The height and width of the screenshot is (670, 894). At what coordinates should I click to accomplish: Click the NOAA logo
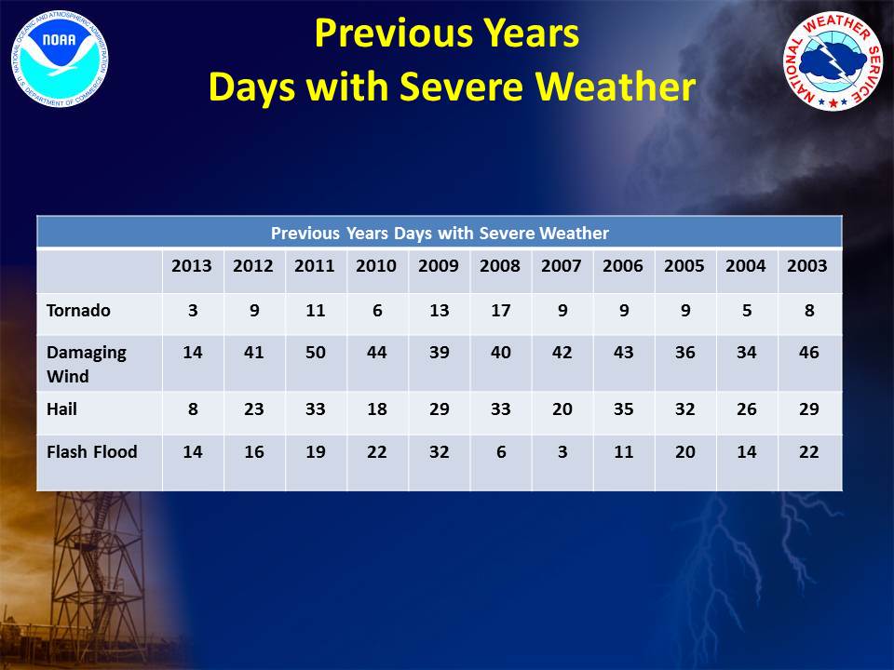pos(60,60)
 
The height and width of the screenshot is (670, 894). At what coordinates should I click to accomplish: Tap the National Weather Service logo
pos(833,60)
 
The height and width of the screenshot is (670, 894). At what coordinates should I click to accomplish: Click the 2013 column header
pos(192,266)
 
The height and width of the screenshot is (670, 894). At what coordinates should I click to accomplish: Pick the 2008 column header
pos(499,266)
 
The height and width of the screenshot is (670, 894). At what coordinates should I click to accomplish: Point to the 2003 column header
pos(806,266)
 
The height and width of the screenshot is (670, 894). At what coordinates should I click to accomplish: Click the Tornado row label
pos(78,311)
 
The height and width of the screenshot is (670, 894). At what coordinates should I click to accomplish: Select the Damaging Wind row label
pos(86,364)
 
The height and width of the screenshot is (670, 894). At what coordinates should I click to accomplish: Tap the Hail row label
pos(61,409)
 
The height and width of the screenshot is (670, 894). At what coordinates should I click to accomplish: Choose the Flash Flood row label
pos(92,452)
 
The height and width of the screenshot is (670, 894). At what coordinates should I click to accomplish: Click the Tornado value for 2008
pos(500,311)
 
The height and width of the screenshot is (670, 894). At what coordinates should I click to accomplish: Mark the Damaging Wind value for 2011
pos(316,352)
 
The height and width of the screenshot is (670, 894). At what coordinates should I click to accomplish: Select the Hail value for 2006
pos(623,409)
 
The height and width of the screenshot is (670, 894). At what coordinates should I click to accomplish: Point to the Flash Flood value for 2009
pos(439,452)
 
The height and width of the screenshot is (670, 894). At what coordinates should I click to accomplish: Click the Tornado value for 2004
pos(746,311)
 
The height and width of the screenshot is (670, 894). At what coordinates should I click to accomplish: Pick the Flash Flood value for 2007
pos(562,452)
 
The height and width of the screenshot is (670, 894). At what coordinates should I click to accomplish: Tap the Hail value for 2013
pos(193,409)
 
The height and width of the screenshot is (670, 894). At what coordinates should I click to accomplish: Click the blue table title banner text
pos(440,233)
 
